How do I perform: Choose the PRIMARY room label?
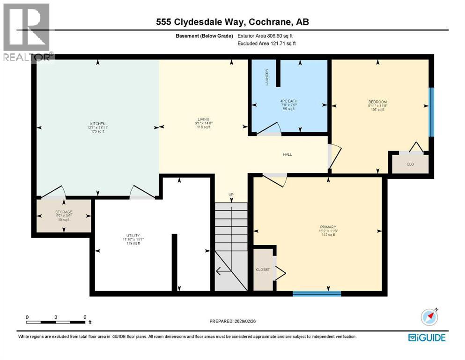click(327, 227)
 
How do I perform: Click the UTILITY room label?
click(133, 236)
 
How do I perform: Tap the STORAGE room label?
click(63, 212)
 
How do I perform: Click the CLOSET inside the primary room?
click(262, 270)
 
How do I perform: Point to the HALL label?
click(288, 154)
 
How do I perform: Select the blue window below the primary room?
click(317, 294)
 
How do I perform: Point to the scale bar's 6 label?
click(85, 317)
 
